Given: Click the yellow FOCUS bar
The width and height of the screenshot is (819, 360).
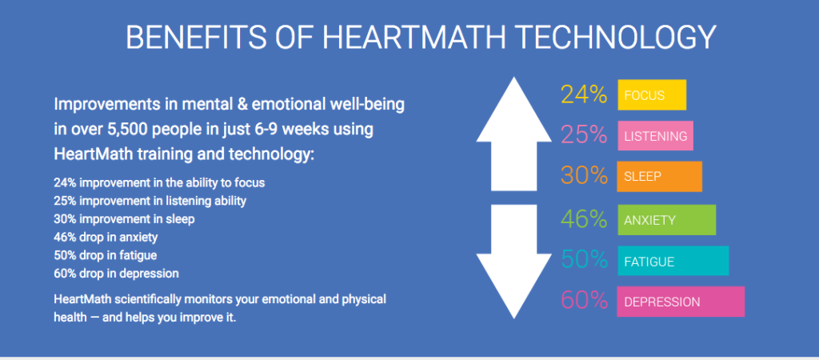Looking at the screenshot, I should [x=651, y=95].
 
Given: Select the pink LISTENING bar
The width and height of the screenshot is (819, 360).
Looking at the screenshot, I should [x=655, y=136].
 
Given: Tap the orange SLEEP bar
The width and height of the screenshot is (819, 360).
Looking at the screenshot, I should [x=659, y=177].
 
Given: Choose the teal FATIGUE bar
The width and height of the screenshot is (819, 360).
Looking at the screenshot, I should [x=673, y=261].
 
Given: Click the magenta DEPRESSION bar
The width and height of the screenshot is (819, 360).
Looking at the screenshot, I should [x=681, y=302].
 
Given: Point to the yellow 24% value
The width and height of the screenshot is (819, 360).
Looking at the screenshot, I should [x=584, y=95].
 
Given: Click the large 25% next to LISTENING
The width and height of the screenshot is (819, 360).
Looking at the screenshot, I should [x=584, y=136].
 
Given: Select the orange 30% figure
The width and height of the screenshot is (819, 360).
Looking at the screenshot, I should [x=584, y=177].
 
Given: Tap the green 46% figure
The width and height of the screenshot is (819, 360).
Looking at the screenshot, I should [x=584, y=219].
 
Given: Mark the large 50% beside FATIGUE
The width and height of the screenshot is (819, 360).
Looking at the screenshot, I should [x=584, y=260].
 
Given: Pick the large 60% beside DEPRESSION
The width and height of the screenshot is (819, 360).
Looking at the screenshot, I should [x=584, y=302].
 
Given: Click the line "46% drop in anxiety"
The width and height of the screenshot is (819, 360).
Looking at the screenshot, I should [x=106, y=237].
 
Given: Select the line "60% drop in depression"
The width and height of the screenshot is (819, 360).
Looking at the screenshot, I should [x=116, y=273].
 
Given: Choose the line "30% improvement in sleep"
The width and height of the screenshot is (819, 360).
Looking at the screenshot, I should [x=124, y=218].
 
